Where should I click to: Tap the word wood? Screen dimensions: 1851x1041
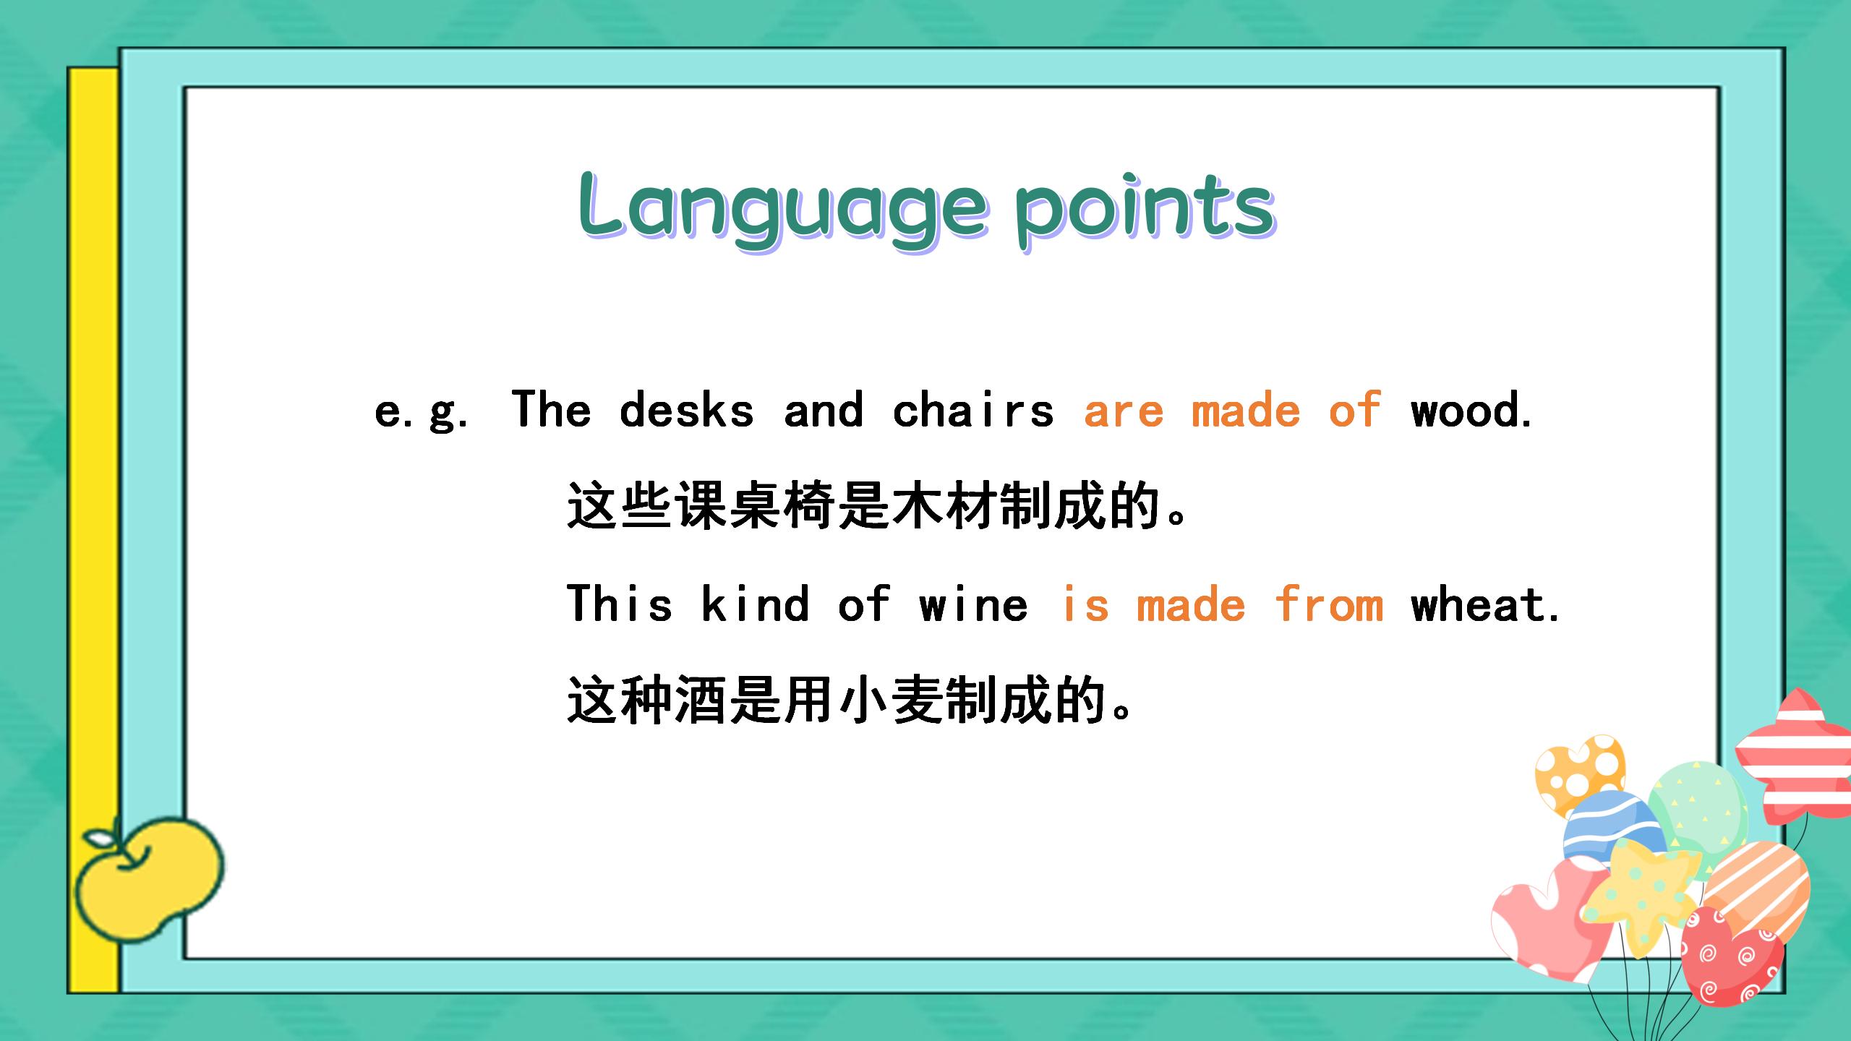coord(1471,410)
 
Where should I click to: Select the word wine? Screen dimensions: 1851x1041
coord(973,604)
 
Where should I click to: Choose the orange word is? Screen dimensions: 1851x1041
coord(1085,604)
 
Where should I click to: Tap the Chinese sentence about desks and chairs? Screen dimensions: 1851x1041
coord(877,506)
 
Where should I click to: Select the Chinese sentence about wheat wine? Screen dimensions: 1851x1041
coord(849,700)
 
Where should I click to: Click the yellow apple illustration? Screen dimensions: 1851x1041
coord(149,879)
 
